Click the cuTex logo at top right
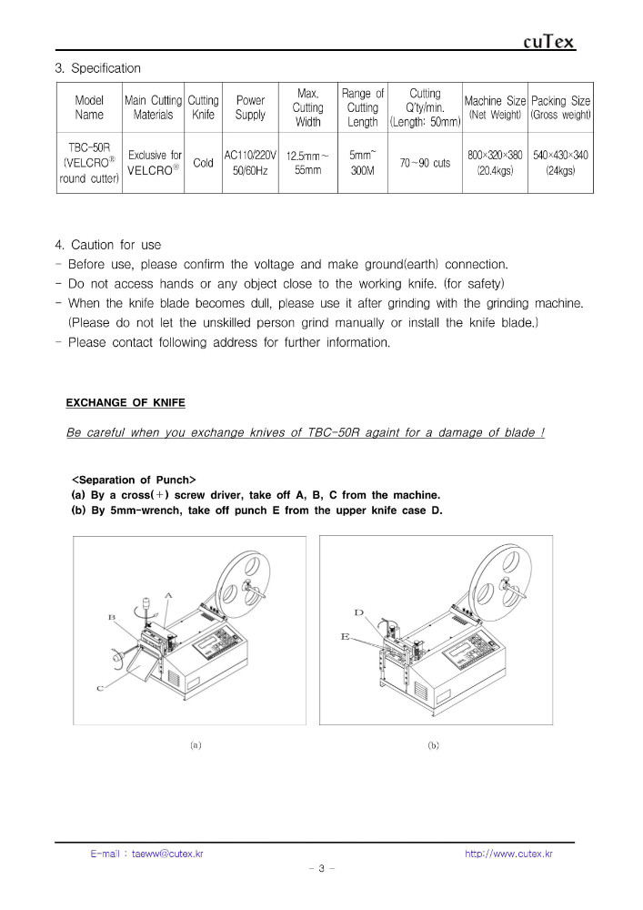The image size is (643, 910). point(549,42)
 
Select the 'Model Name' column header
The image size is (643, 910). point(89,107)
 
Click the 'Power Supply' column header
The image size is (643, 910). point(250,107)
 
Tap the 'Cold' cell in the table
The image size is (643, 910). point(204,163)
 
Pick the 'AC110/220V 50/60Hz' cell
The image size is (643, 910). point(250,163)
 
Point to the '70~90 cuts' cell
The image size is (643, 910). point(425,163)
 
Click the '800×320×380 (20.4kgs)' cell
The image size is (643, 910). point(495,163)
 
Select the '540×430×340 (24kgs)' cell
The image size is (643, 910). point(560,163)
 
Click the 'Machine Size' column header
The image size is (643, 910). point(495,107)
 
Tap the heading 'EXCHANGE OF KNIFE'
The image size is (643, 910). point(126,402)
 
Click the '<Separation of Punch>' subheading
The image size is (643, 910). point(134,480)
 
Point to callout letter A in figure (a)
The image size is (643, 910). point(168,594)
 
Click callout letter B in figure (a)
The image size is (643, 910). point(111,617)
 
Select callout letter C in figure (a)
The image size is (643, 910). point(100,689)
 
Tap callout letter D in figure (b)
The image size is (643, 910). point(358,613)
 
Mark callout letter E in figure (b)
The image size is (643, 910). point(346,637)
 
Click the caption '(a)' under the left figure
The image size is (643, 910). point(196,744)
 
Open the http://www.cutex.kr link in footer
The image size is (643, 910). point(508,854)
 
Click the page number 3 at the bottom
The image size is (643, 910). point(321,868)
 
